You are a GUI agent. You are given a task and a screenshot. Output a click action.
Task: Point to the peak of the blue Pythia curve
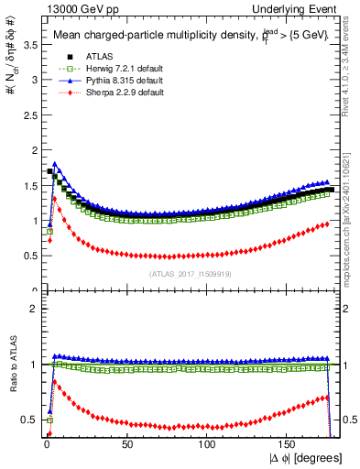[x=56, y=165]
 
